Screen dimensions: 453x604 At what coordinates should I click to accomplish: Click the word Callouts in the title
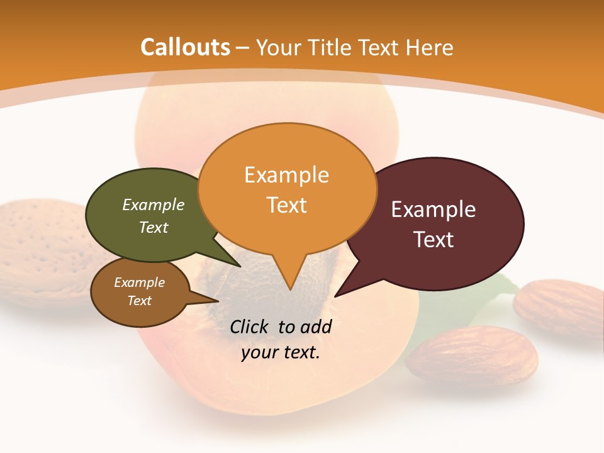tap(185, 47)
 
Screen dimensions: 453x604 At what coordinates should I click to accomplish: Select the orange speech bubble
tap(287, 189)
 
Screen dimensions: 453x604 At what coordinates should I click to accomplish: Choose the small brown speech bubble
tap(140, 292)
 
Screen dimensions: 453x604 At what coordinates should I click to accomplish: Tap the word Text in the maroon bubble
tap(433, 240)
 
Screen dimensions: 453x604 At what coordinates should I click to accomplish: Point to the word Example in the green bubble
tap(154, 205)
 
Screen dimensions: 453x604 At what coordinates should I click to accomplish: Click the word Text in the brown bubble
tap(140, 301)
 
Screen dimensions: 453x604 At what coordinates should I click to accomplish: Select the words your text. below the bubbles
tap(281, 352)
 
